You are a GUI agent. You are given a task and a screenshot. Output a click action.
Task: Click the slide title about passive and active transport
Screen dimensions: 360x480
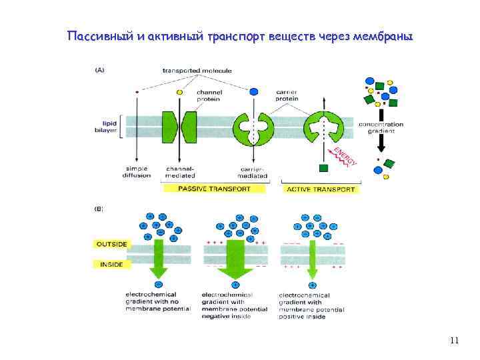point(240,36)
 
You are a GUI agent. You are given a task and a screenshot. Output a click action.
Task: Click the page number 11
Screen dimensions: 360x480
point(455,341)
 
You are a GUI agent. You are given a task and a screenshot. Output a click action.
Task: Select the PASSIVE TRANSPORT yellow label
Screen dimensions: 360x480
point(214,189)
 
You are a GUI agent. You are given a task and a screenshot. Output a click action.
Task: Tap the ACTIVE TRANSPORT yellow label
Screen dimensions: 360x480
point(321,189)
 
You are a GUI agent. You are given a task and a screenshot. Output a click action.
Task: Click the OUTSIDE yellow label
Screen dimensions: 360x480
point(110,244)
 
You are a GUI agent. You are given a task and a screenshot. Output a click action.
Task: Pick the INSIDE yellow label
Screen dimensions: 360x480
point(110,264)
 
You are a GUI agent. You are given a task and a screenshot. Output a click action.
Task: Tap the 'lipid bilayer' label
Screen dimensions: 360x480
point(109,127)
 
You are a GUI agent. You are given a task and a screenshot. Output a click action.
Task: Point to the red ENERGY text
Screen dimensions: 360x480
point(346,155)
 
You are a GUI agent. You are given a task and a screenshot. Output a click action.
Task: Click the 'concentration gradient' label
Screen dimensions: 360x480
point(381,128)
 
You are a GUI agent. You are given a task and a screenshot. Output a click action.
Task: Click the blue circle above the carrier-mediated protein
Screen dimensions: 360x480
point(253,91)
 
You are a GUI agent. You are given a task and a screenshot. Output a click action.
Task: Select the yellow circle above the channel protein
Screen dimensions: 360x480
point(179,92)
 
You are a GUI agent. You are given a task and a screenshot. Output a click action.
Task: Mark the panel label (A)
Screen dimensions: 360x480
point(100,69)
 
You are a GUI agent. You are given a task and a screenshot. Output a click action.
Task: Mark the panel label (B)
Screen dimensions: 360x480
point(99,209)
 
